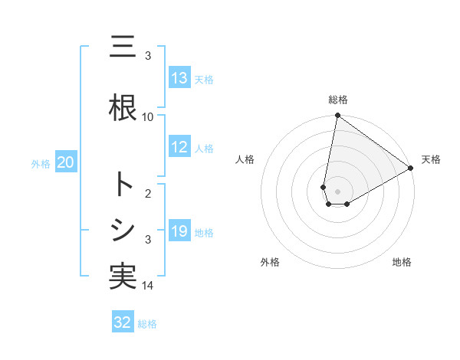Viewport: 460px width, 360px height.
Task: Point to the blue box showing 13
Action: coord(179,78)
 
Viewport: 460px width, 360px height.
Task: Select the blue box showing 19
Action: coord(179,231)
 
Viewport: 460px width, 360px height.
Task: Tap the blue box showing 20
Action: coord(66,162)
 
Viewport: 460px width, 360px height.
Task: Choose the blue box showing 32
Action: coord(123,322)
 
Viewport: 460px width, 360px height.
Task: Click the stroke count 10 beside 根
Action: coord(148,116)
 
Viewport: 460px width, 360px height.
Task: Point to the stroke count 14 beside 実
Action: coord(148,286)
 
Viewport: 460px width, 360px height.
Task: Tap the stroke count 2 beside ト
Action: coord(148,195)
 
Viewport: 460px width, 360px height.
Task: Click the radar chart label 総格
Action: coord(338,100)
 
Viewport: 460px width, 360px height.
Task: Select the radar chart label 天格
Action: coord(431,159)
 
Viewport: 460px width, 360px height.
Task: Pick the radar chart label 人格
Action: coord(245,159)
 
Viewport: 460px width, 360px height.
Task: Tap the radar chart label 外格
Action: coord(270,262)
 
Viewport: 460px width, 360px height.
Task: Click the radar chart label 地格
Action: coord(402,262)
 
